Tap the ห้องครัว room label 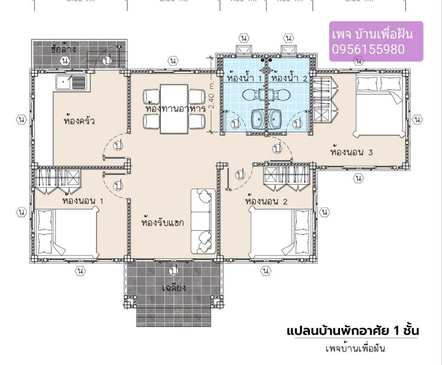click(79, 121)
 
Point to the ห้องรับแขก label click(163, 223)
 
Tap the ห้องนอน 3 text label click(352, 152)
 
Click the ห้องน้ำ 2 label click(289, 77)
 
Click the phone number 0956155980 click(368, 49)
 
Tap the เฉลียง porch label click(174, 288)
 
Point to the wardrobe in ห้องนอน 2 click(282, 176)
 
